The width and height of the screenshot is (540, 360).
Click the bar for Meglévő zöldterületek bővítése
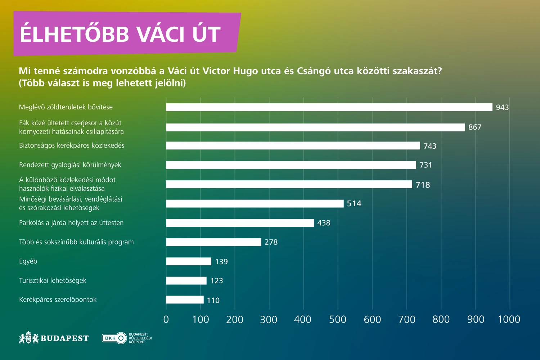[x=329, y=107]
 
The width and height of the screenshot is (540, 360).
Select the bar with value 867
[x=315, y=127]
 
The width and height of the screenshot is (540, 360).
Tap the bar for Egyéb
[x=189, y=261]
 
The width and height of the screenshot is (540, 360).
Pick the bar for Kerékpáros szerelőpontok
[x=185, y=300]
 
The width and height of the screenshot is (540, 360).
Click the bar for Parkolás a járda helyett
[x=240, y=223]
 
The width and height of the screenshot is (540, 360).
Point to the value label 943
[x=502, y=107]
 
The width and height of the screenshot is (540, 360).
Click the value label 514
[x=354, y=204]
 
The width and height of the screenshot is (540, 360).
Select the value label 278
[x=271, y=242]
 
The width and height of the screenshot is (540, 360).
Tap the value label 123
[x=217, y=281]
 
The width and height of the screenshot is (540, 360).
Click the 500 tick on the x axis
[x=338, y=319]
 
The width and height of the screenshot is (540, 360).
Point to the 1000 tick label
[x=509, y=319]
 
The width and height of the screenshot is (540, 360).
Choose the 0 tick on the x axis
[x=166, y=319]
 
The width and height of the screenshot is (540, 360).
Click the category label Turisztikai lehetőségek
[x=53, y=280]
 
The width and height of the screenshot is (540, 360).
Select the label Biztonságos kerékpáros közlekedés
[x=72, y=145]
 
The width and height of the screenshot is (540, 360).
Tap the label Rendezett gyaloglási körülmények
[x=70, y=165]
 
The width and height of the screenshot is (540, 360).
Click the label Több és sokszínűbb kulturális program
[x=76, y=242]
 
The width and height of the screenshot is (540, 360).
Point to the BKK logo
[x=114, y=338]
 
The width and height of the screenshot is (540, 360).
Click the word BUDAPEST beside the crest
[x=64, y=338]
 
